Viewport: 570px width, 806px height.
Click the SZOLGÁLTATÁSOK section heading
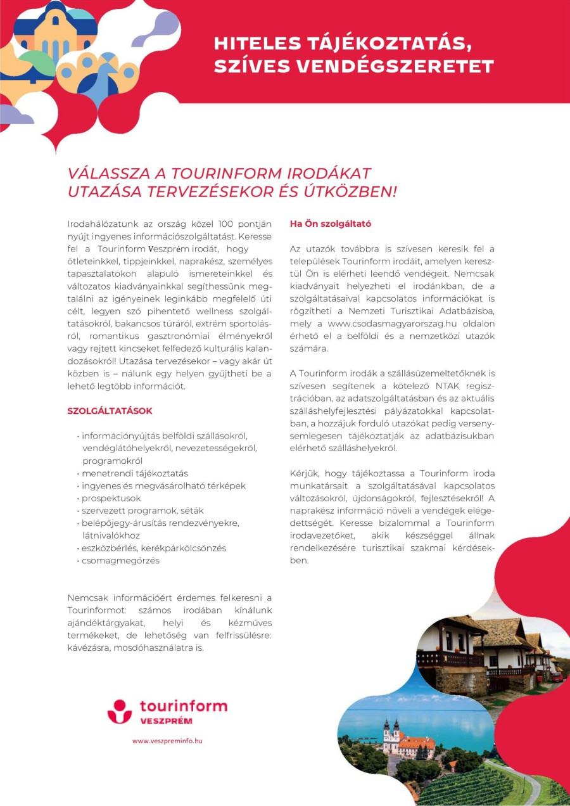(110, 411)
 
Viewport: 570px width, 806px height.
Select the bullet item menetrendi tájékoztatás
(135, 473)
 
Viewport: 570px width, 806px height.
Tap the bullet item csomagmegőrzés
(120, 560)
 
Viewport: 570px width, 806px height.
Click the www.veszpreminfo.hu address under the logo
(167, 740)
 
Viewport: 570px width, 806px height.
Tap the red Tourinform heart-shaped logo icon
(120, 711)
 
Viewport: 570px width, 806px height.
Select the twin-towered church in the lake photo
(391, 734)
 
